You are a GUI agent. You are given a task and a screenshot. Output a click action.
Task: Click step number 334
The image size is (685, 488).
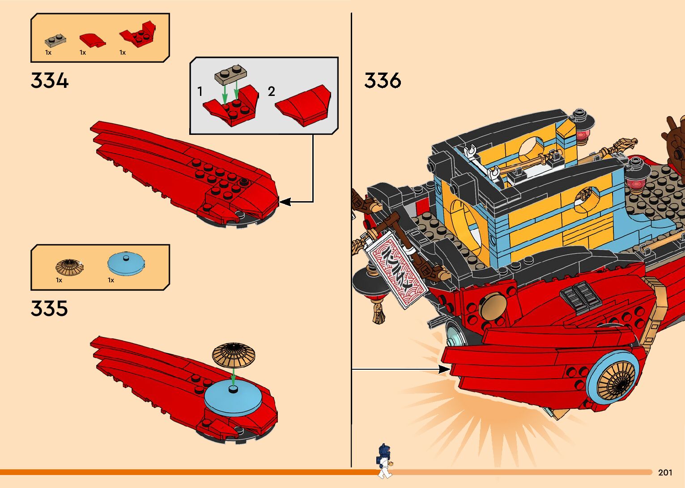pyautogui.click(x=50, y=81)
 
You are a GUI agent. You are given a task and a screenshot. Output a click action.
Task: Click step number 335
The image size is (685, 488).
pyautogui.click(x=49, y=309)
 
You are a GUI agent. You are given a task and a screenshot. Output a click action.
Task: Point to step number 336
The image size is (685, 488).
pyautogui.click(x=383, y=81)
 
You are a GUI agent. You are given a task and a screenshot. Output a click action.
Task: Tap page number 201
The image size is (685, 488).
pyautogui.click(x=665, y=472)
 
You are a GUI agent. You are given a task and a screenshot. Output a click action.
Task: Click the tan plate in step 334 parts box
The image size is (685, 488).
pyautogui.click(x=56, y=40)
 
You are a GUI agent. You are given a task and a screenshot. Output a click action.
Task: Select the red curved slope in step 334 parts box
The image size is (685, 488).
pyautogui.click(x=92, y=40)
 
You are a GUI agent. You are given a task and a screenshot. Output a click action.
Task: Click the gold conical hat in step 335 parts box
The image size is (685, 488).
pyautogui.click(x=69, y=267)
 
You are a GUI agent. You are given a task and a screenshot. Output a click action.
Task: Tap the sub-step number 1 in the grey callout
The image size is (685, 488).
pyautogui.click(x=200, y=92)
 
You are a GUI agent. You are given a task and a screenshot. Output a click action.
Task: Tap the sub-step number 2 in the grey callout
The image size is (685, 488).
pyautogui.click(x=271, y=92)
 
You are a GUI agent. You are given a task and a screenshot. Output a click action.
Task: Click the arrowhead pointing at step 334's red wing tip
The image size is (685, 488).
pyautogui.click(x=284, y=202)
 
